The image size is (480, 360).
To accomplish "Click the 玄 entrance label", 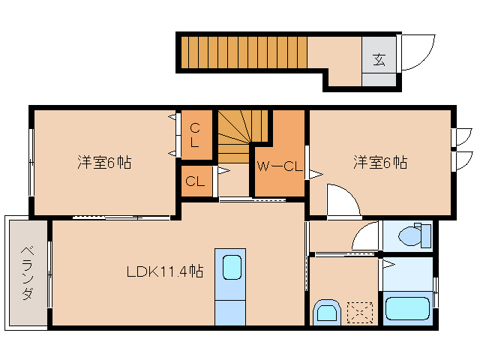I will tap(379, 59).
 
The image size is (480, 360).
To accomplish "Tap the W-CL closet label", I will tap(279, 166).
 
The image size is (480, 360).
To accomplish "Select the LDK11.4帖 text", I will tap(164, 271).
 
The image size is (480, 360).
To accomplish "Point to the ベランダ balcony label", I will tap(26, 272).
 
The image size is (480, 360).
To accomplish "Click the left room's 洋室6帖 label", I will tap(104, 162).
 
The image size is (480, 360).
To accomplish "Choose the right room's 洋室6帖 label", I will tap(380, 162).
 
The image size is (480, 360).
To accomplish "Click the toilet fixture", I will tap(412, 235).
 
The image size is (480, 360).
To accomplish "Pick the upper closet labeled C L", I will tap(194, 134).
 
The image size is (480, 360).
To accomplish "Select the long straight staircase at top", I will tap(244, 51).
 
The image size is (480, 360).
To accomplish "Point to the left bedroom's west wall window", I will tap(31, 161).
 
